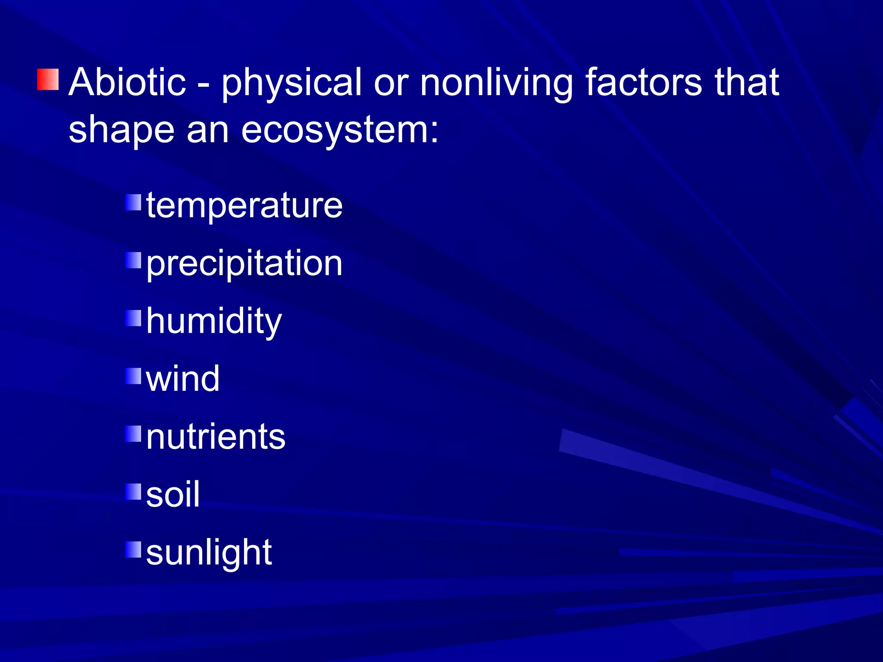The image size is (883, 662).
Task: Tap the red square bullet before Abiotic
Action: click(x=48, y=79)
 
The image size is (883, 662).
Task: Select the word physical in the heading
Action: click(x=291, y=84)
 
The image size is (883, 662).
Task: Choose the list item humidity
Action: click(x=214, y=322)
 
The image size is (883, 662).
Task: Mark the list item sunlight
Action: click(x=209, y=553)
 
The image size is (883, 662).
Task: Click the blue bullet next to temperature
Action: click(x=134, y=202)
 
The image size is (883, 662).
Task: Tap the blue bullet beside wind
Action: click(x=134, y=376)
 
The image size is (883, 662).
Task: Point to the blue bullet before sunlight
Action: click(x=134, y=550)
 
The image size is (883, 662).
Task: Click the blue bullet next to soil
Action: click(x=134, y=491)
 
